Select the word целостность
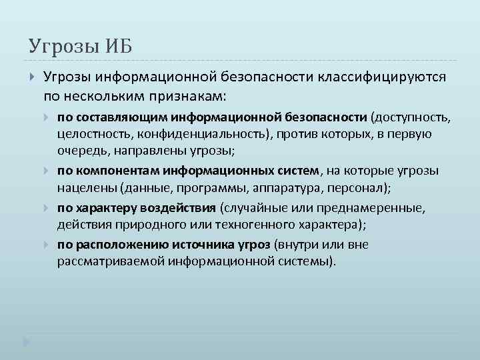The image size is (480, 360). tap(96, 134)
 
